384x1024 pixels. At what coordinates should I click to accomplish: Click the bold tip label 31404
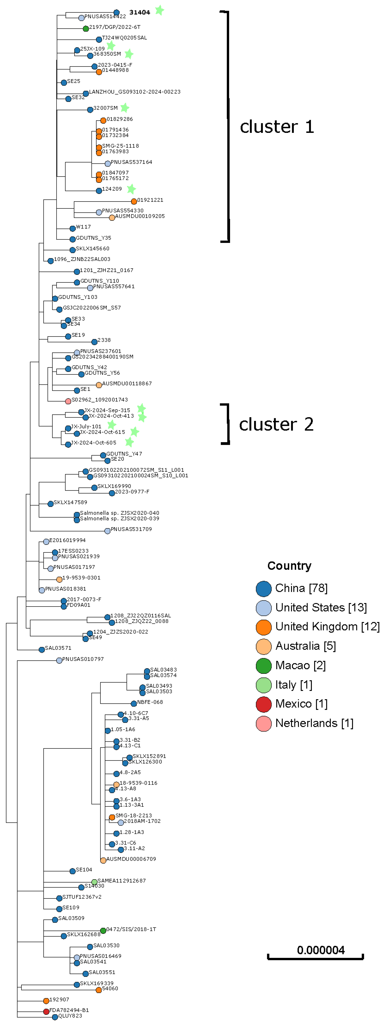click(x=140, y=12)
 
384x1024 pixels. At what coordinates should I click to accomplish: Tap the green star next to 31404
click(x=159, y=10)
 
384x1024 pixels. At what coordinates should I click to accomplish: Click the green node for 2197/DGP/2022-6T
click(x=86, y=29)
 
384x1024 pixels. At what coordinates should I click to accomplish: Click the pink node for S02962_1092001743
click(x=68, y=401)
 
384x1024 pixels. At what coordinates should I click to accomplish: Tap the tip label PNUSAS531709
click(x=131, y=529)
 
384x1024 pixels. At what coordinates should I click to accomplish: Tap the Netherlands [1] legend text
click(x=314, y=723)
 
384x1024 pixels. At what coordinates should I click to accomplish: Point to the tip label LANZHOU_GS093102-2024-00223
click(x=135, y=92)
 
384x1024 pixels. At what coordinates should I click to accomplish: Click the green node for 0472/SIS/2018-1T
click(x=103, y=931)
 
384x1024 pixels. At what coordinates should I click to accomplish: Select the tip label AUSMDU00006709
click(x=131, y=859)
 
